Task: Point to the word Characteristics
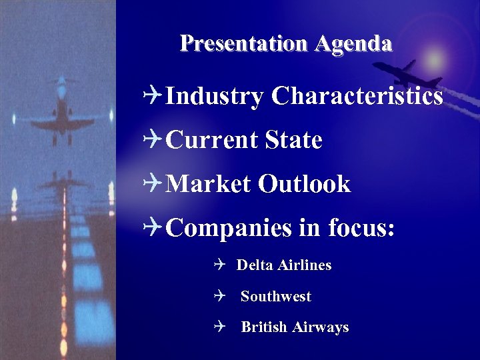(357, 96)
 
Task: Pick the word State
(293, 140)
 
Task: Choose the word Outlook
(305, 184)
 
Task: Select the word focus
(362, 228)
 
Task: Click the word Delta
(255, 265)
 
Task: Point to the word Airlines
(305, 265)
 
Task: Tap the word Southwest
(276, 297)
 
